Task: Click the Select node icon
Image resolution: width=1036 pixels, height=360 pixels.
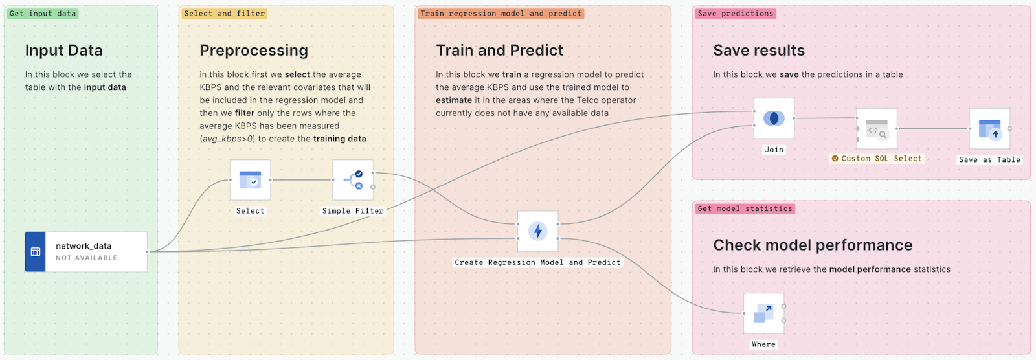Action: coord(250,180)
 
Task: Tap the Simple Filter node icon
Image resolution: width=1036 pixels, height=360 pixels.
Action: coord(353,180)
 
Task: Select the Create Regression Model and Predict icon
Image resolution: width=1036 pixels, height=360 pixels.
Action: coord(537,231)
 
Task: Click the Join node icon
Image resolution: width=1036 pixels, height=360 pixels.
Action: coord(774,118)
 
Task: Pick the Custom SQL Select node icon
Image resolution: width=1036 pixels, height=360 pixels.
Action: coord(877,129)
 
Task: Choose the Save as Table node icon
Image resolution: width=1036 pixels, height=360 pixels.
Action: coord(989,129)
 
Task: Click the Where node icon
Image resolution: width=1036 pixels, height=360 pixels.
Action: coord(763,313)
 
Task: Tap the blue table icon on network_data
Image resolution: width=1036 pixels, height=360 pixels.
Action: coord(36,252)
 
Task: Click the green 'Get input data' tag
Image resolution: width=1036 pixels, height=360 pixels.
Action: coord(43,14)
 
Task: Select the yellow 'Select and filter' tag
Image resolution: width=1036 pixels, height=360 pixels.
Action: coord(224,14)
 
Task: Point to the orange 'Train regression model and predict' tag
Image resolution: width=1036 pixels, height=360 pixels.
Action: coord(501,14)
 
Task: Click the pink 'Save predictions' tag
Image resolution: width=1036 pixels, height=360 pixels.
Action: coord(736,14)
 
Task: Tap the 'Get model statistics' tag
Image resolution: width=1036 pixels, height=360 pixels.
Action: coord(745,208)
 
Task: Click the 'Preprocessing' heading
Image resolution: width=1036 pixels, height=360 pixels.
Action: coord(254,51)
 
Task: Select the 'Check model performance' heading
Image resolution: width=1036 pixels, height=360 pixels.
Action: coord(813,245)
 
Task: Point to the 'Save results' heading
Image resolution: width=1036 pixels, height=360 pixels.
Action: coord(759,51)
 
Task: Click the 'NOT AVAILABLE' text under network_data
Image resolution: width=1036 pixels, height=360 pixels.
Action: coord(87,258)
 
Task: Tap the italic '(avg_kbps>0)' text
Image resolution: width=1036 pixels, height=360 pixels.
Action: coord(227,139)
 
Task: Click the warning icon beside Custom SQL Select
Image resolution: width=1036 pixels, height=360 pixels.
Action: coord(835,159)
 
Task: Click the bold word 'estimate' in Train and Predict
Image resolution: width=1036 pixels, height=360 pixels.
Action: coord(454,100)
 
